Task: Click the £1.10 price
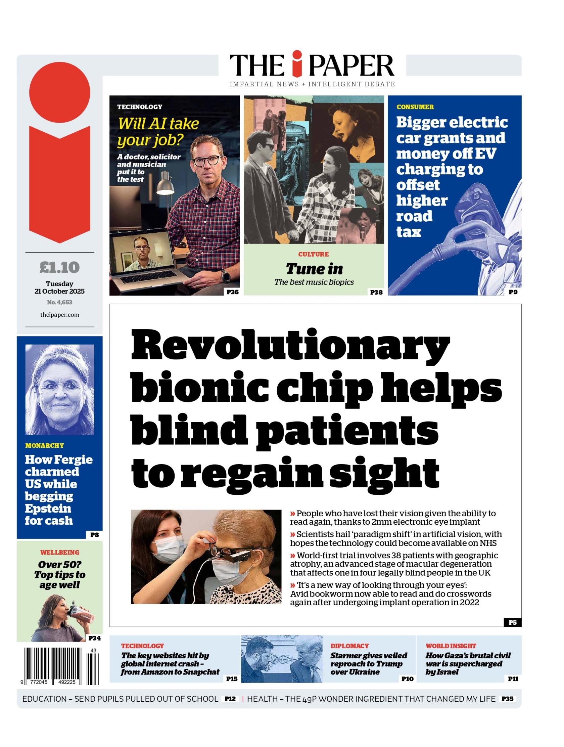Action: pos(59,267)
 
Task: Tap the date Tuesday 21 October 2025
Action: pos(59,288)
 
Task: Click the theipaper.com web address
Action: pos(59,315)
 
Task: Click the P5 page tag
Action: pos(512,622)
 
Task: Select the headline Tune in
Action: pos(314,269)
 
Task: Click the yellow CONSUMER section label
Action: pos(415,107)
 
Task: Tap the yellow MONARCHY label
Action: pos(44,445)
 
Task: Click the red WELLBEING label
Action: pos(60,552)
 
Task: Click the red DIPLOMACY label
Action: pos(349,646)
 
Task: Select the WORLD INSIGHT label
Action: pos(451,646)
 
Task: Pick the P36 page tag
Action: pos(232,292)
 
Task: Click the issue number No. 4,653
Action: pos(59,302)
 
